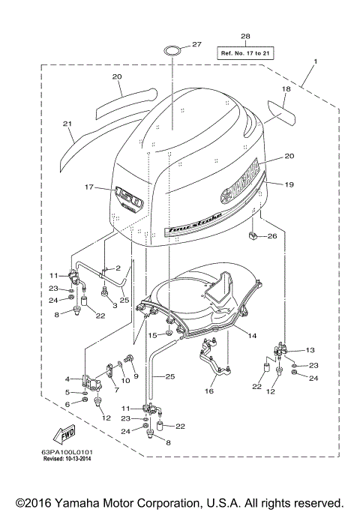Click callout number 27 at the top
click(196, 45)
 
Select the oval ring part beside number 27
click(172, 51)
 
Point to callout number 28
click(245, 37)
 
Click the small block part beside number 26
click(253, 238)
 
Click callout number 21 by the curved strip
click(67, 124)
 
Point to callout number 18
click(285, 89)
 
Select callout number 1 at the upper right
click(316, 61)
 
